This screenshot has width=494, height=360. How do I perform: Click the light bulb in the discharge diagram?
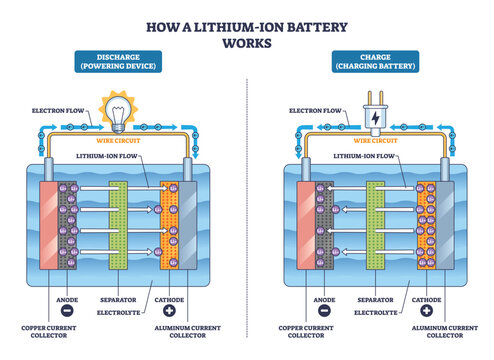click(115, 110)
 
